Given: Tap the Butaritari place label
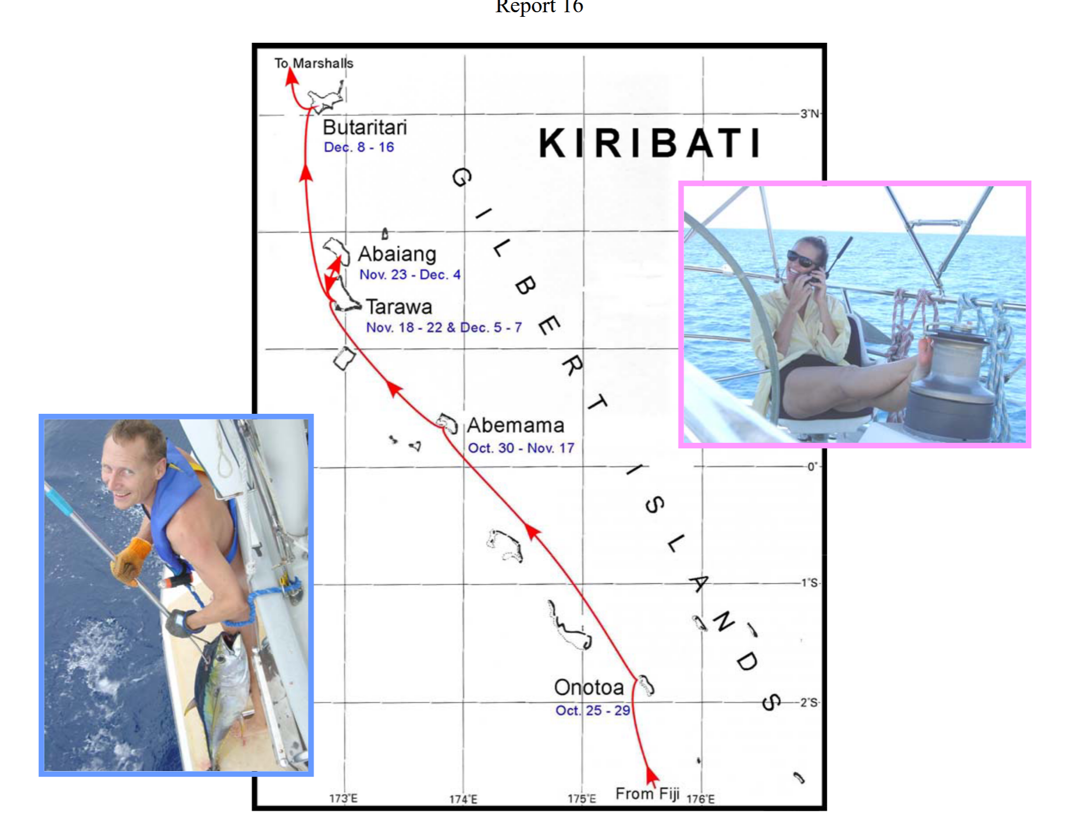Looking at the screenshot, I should pyautogui.click(x=364, y=127).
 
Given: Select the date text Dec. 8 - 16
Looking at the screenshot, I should pyautogui.click(x=359, y=147).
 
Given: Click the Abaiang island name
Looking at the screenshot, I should pyautogui.click(x=397, y=253).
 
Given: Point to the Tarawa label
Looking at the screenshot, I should pyautogui.click(x=399, y=306).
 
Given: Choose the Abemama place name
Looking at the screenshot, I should pyautogui.click(x=515, y=425).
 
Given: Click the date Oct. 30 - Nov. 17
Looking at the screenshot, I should pyautogui.click(x=521, y=448).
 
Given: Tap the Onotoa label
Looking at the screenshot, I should pyautogui.click(x=588, y=687).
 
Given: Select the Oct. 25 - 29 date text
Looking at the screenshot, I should pyautogui.click(x=593, y=710).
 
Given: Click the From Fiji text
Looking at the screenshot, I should pyautogui.click(x=647, y=793).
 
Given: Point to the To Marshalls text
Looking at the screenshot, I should pyautogui.click(x=314, y=63).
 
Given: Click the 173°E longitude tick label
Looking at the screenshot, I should pyautogui.click(x=343, y=798).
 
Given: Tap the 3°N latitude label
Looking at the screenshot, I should pyautogui.click(x=809, y=113).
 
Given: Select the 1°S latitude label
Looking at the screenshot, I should pyautogui.click(x=809, y=583).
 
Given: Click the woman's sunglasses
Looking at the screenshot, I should pyautogui.click(x=801, y=260).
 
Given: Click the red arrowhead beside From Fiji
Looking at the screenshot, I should pyautogui.click(x=651, y=776).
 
